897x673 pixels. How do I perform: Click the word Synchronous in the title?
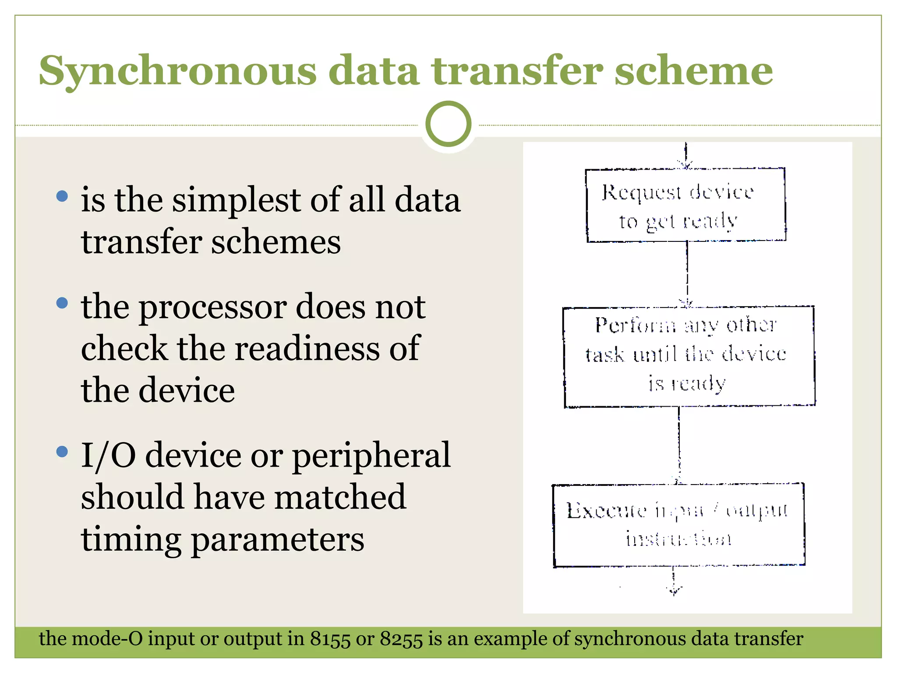click(177, 71)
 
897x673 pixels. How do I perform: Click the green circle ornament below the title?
click(448, 124)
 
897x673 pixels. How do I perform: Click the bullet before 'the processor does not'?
click(62, 302)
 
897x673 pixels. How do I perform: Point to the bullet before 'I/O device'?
click(62, 451)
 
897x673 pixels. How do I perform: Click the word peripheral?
click(371, 456)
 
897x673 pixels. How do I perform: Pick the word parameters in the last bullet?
click(278, 540)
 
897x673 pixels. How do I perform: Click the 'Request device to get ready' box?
click(685, 205)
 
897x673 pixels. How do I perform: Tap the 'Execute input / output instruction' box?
click(678, 524)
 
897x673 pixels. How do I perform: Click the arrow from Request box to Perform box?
click(687, 274)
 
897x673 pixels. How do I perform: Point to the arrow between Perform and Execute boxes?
click(679, 445)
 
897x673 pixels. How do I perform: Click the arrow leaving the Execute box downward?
click(674, 581)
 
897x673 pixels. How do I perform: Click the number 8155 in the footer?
click(330, 639)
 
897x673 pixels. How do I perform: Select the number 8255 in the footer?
click(401, 639)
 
